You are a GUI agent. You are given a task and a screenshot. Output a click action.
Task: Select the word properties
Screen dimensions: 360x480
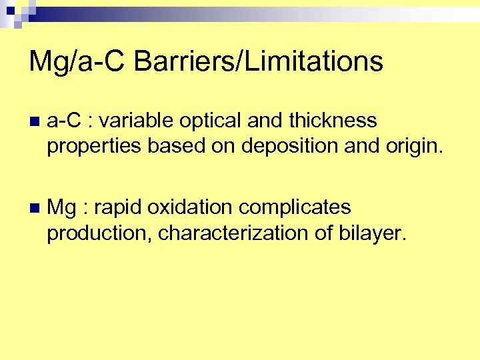tap(94, 146)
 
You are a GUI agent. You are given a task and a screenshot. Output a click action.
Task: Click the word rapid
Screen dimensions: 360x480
tap(119, 207)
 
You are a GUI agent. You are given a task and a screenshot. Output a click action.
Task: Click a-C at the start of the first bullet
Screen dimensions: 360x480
tap(64, 121)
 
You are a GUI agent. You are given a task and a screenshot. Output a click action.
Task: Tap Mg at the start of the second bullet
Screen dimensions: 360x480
tap(61, 207)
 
